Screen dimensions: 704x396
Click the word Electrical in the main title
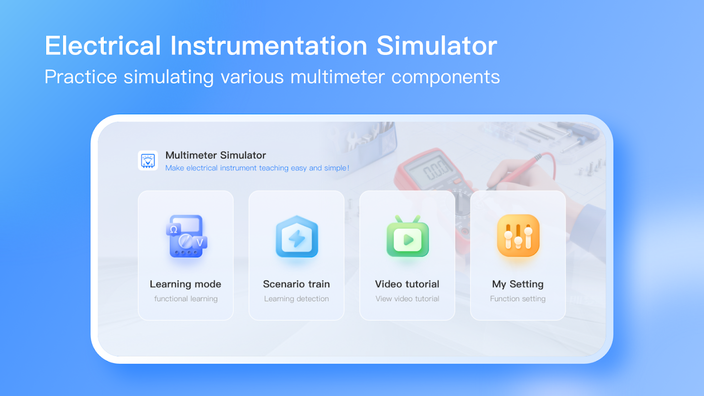point(103,46)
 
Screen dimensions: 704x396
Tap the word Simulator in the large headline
point(437,46)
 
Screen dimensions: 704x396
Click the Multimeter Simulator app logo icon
point(148,160)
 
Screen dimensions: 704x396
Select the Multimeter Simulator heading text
point(215,155)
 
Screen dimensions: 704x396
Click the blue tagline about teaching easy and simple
point(257,168)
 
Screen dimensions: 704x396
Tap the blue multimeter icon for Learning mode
point(186,236)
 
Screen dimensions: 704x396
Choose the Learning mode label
point(186,284)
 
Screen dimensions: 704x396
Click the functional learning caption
point(186,298)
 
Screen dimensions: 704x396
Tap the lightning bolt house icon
point(297,236)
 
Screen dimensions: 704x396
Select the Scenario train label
point(297,284)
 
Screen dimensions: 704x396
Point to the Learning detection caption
point(297,298)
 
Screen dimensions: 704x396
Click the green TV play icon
point(407,236)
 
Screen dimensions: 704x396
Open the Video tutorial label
point(407,284)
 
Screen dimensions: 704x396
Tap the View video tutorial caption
point(407,298)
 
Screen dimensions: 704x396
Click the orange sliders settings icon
point(518,236)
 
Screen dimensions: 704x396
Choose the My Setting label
point(518,284)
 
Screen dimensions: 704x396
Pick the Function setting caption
point(518,298)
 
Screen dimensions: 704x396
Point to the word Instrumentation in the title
point(269,46)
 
